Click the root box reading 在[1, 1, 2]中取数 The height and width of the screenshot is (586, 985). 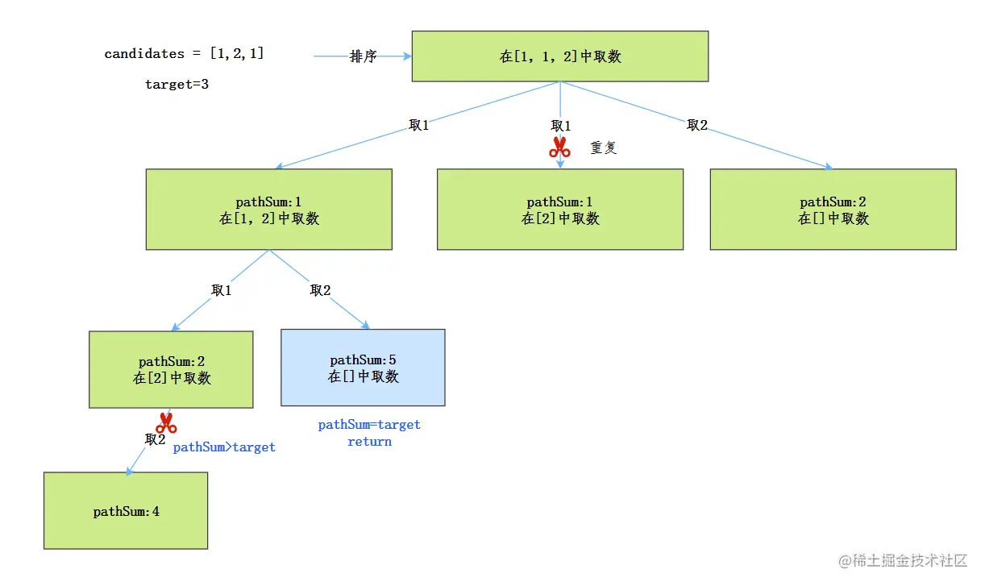[x=560, y=56]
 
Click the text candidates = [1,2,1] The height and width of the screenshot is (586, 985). [x=184, y=54]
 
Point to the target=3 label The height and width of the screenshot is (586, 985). [x=177, y=84]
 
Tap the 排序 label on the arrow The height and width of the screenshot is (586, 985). [x=364, y=56]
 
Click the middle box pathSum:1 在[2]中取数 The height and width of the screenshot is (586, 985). [x=560, y=210]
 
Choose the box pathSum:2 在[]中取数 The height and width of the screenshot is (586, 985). [x=833, y=210]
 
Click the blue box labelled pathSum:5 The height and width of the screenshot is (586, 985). [x=363, y=368]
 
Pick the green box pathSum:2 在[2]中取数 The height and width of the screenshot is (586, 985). [x=171, y=369]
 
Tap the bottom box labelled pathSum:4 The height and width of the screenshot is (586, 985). [x=126, y=511]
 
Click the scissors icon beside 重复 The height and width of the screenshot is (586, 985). [x=559, y=148]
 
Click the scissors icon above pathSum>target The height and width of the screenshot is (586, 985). [x=166, y=422]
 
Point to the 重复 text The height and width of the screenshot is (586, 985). [x=603, y=148]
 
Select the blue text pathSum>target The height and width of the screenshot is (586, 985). [x=224, y=447]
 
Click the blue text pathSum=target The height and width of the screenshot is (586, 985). [x=369, y=425]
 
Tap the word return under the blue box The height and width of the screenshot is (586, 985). [x=369, y=442]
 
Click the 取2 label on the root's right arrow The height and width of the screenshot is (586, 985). [x=697, y=125]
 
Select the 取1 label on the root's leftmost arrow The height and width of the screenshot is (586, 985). [x=419, y=125]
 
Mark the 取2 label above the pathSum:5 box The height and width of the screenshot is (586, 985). [x=320, y=290]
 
